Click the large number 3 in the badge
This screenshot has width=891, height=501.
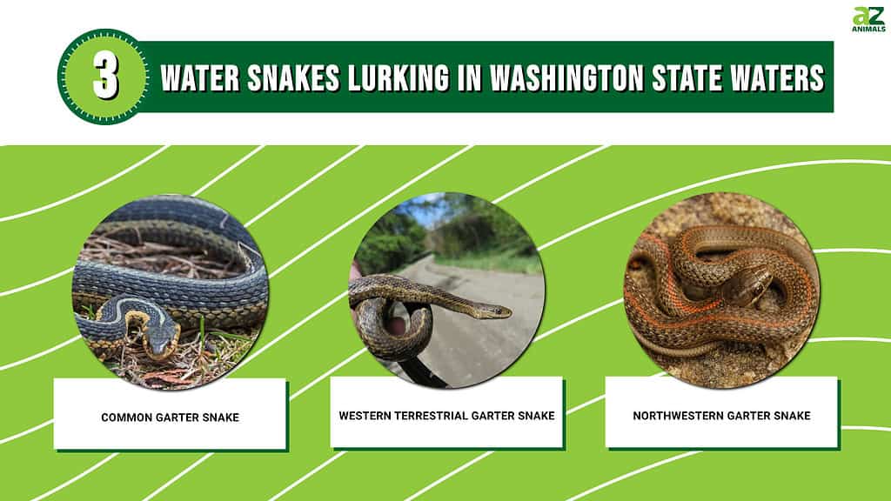pos(105,77)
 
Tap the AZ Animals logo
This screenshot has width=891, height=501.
pos(868,19)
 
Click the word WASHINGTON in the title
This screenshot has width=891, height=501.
pos(566,77)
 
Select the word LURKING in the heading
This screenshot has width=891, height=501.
pos(399,77)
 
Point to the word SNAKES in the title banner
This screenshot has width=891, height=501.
pos(293,77)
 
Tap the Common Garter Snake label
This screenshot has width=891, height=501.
pos(170,417)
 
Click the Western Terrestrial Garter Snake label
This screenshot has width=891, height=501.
pos(446,416)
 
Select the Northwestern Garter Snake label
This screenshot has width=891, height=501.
pos(721,416)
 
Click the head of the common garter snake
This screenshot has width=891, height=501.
pos(161,341)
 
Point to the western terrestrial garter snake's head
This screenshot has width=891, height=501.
pos(492,311)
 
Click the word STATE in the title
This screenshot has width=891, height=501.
pos(687,77)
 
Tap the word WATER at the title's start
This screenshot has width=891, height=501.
pos(200,77)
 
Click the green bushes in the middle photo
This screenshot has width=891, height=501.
pos(392,244)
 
